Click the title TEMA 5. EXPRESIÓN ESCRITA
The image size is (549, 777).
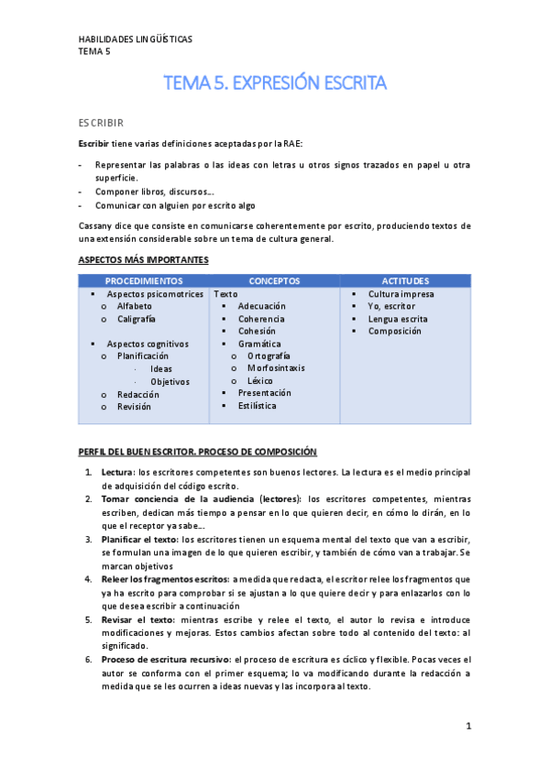[275, 83]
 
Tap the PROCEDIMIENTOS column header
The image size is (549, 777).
[144, 280]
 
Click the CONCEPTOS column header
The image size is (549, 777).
[275, 280]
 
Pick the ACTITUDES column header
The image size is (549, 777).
[405, 280]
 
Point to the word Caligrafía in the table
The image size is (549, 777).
[137, 319]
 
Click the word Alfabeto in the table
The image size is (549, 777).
[135, 306]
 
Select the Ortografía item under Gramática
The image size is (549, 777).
[269, 356]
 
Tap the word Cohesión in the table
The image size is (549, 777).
[258, 331]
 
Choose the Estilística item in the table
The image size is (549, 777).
[258, 405]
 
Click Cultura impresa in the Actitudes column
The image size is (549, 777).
[401, 294]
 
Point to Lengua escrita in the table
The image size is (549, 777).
[398, 319]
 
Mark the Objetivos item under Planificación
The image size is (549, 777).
[170, 381]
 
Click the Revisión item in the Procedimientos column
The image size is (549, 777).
[135, 406]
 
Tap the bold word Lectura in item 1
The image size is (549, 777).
[116, 472]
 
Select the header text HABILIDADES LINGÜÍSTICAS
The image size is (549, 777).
[135, 39]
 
